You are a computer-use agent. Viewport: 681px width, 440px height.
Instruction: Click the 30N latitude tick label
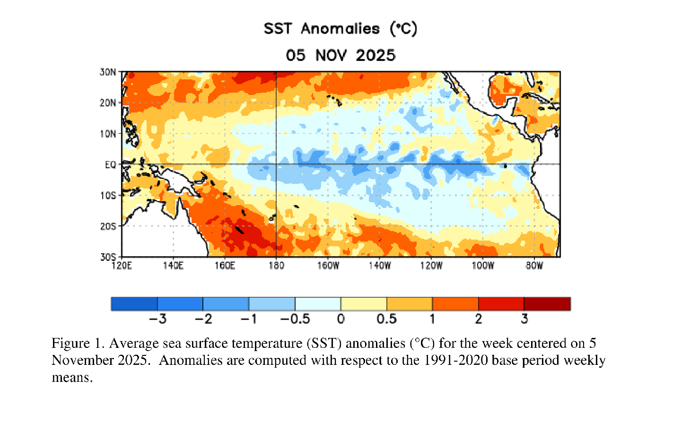coord(108,72)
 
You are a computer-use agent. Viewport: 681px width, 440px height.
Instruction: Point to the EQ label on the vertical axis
coord(110,164)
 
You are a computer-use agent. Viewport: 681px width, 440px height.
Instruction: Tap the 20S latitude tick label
coord(108,226)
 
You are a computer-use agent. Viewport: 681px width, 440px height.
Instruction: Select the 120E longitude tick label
coord(122,266)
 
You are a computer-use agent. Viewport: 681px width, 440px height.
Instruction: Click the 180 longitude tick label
coord(276,266)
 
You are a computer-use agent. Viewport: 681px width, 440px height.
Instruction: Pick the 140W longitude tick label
coord(380,266)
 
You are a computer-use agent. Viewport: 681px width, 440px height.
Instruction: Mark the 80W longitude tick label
coord(534,266)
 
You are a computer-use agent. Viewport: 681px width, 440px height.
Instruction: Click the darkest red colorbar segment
coord(547,304)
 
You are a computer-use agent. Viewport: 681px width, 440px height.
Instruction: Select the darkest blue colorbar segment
coord(134,304)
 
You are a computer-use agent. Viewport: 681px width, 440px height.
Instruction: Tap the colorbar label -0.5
coord(295,319)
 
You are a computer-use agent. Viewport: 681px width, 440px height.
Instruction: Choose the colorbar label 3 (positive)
coord(524,319)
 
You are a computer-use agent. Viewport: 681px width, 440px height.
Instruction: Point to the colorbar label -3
coord(157,319)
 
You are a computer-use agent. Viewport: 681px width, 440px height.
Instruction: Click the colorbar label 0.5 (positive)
coord(386,319)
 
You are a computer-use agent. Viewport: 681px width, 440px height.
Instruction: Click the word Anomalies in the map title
coord(340,29)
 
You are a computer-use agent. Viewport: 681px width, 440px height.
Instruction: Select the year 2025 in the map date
coord(375,55)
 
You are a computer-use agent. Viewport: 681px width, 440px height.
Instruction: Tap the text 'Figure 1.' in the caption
coord(78,343)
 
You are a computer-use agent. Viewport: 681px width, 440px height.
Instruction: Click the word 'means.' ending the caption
coord(72,378)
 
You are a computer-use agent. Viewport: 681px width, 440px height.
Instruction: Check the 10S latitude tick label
coord(108,196)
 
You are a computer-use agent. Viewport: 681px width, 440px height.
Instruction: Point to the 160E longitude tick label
coord(225,266)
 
